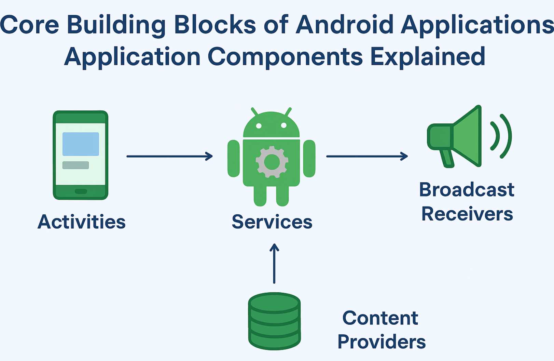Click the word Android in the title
tap(344, 25)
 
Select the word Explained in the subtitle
tap(428, 56)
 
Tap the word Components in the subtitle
tap(285, 57)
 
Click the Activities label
tap(82, 222)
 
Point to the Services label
tap(272, 222)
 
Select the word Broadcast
tap(467, 190)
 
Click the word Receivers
tap(467, 214)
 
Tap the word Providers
tap(382, 342)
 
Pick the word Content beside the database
tap(380, 318)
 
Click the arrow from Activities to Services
tap(169, 156)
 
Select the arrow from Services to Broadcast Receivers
tap(367, 156)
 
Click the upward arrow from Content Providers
tap(274, 263)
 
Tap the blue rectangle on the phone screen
tap(81, 144)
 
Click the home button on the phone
tap(81, 191)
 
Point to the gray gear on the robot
tap(272, 162)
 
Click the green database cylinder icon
tap(274, 321)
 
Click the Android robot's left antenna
tap(254, 112)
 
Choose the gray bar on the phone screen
tap(75, 165)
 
